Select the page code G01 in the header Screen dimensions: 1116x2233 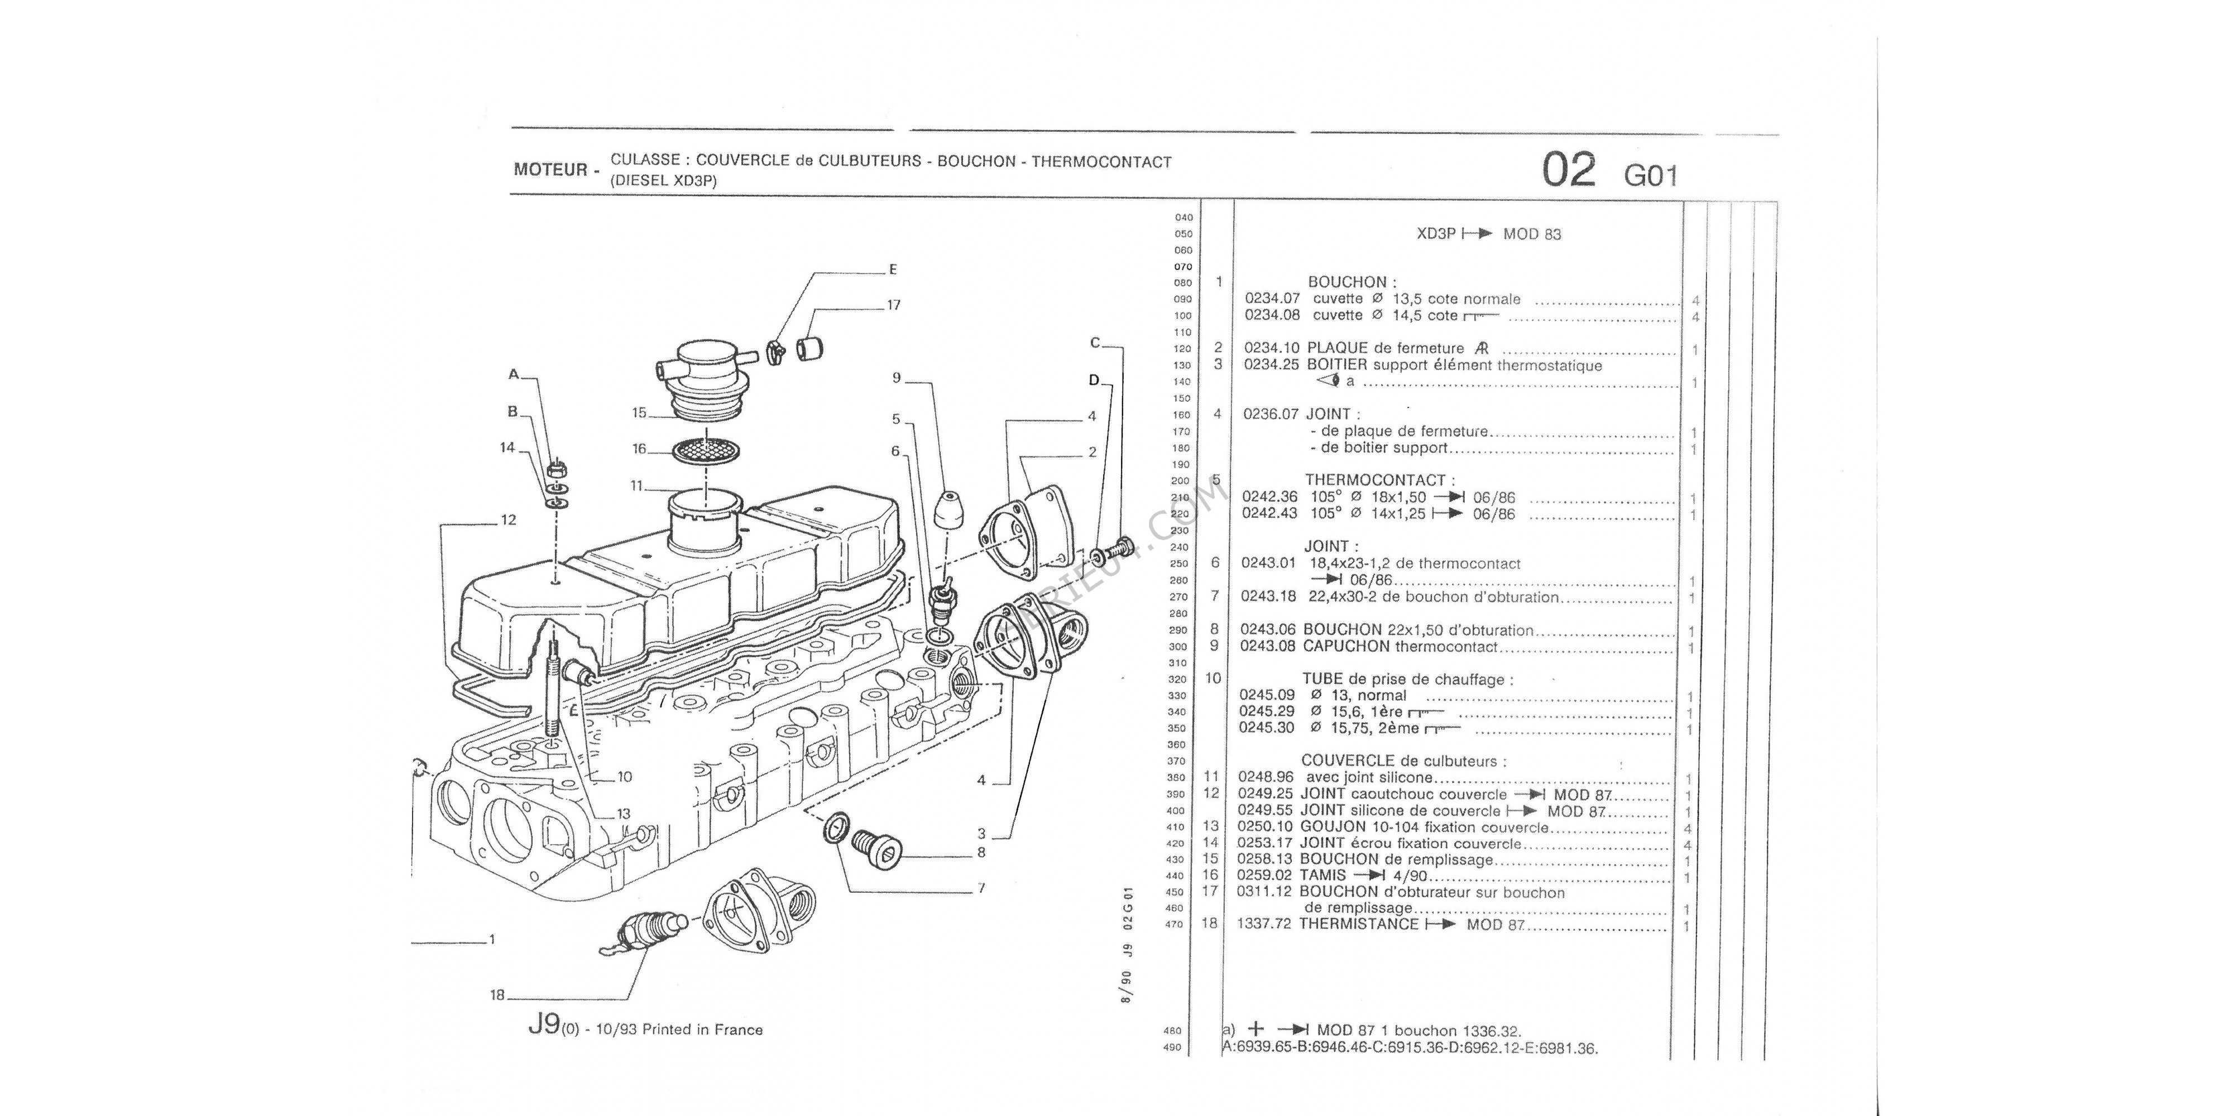coord(1651,176)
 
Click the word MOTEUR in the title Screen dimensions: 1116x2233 coord(550,170)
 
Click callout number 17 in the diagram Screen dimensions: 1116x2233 coord(894,305)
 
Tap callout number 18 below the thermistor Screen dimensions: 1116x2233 coord(497,995)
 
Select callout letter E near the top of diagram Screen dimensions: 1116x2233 coord(893,270)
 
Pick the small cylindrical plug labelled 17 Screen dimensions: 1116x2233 coord(809,348)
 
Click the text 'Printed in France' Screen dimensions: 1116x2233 coord(702,1030)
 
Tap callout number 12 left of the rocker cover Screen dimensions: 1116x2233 coord(508,520)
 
